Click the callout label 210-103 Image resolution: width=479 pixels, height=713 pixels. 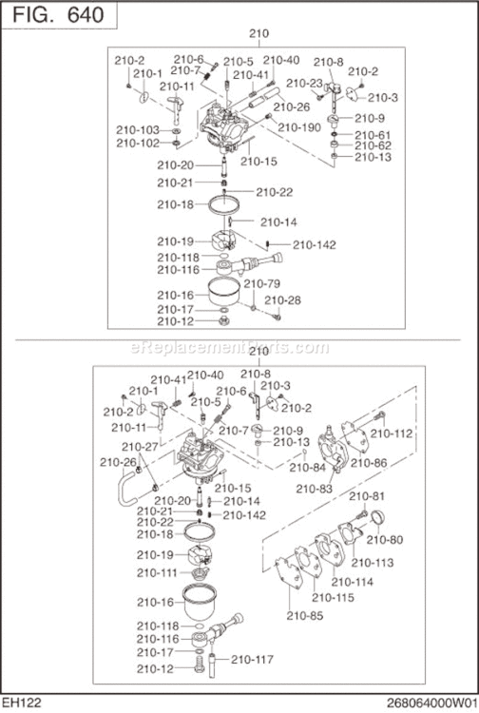pyautogui.click(x=138, y=129)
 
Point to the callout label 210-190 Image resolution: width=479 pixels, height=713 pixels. pyautogui.click(x=299, y=126)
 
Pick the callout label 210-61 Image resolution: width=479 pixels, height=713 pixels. pyautogui.click(x=372, y=135)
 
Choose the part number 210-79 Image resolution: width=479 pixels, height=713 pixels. pyautogui.click(x=261, y=283)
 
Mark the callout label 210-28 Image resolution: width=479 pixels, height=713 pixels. pyautogui.click(x=282, y=300)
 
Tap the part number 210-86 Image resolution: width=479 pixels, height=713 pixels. pyautogui.click(x=368, y=463)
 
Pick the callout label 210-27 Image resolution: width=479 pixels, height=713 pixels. pyautogui.click(x=139, y=446)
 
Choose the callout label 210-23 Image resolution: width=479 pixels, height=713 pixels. pyautogui.click(x=304, y=83)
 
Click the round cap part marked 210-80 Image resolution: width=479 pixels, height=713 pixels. pyautogui.click(x=375, y=518)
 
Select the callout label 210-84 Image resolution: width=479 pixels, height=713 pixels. pyautogui.click(x=306, y=467)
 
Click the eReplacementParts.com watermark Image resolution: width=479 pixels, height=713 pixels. pyautogui.click(x=239, y=347)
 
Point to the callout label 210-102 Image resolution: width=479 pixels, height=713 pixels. pyautogui.click(x=138, y=144)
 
